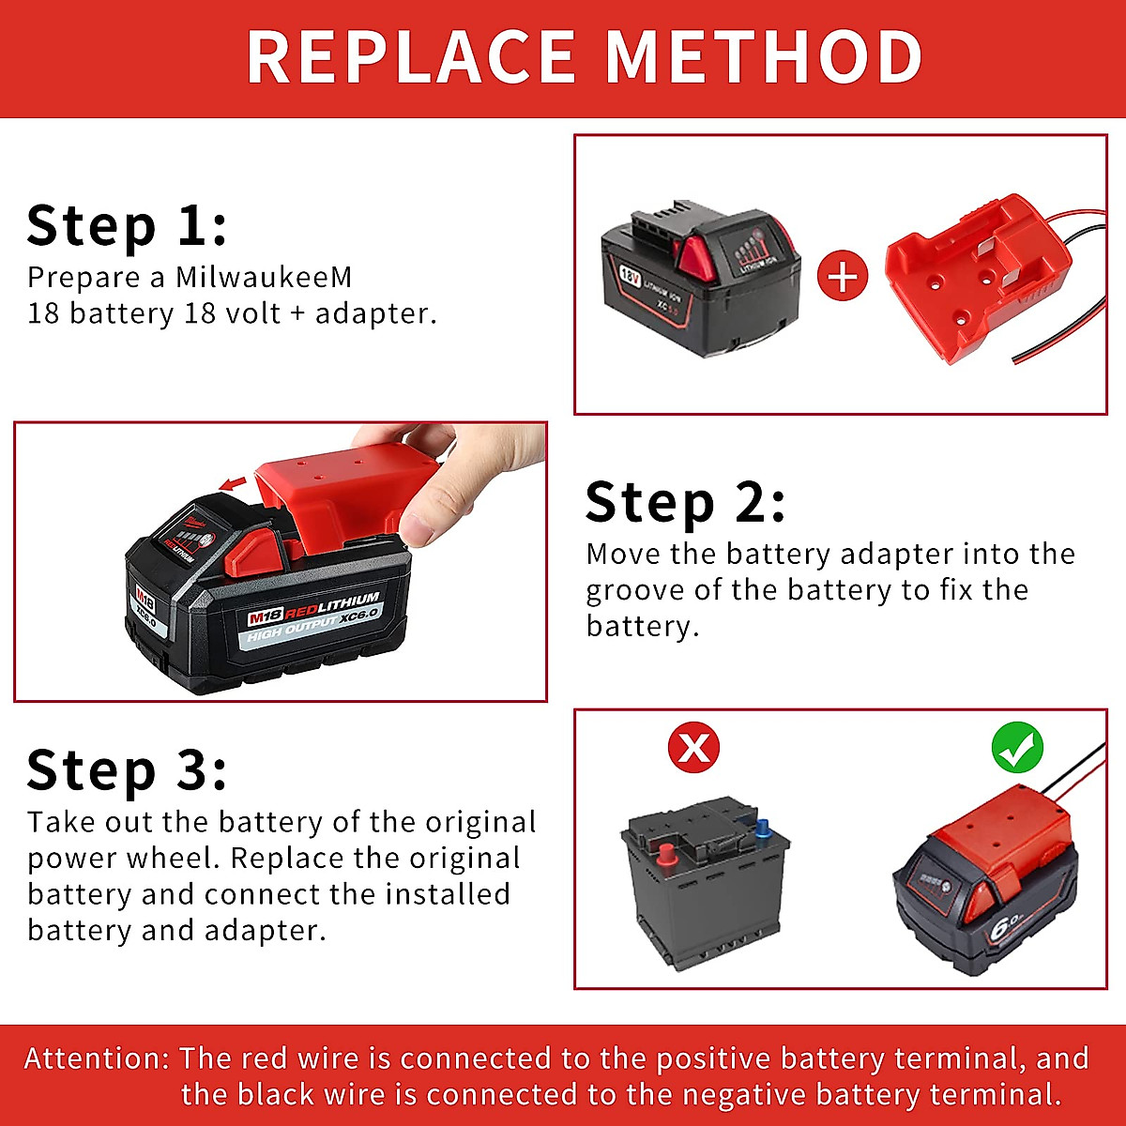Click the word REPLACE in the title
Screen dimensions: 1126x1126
click(x=411, y=58)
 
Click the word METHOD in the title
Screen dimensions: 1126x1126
click(x=764, y=58)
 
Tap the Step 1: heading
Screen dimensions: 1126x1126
click(x=127, y=226)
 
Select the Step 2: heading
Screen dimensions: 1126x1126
click(x=685, y=503)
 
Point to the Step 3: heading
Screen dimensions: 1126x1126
click(x=127, y=770)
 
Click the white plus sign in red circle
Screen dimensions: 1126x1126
click(x=843, y=278)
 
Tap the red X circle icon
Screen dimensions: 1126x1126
click(x=693, y=748)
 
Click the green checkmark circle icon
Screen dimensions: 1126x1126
click(x=1017, y=748)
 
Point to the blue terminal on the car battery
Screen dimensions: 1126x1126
click(x=761, y=829)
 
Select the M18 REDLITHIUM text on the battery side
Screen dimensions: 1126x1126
click(x=313, y=608)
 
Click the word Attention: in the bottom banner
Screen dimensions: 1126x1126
click(x=97, y=1058)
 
